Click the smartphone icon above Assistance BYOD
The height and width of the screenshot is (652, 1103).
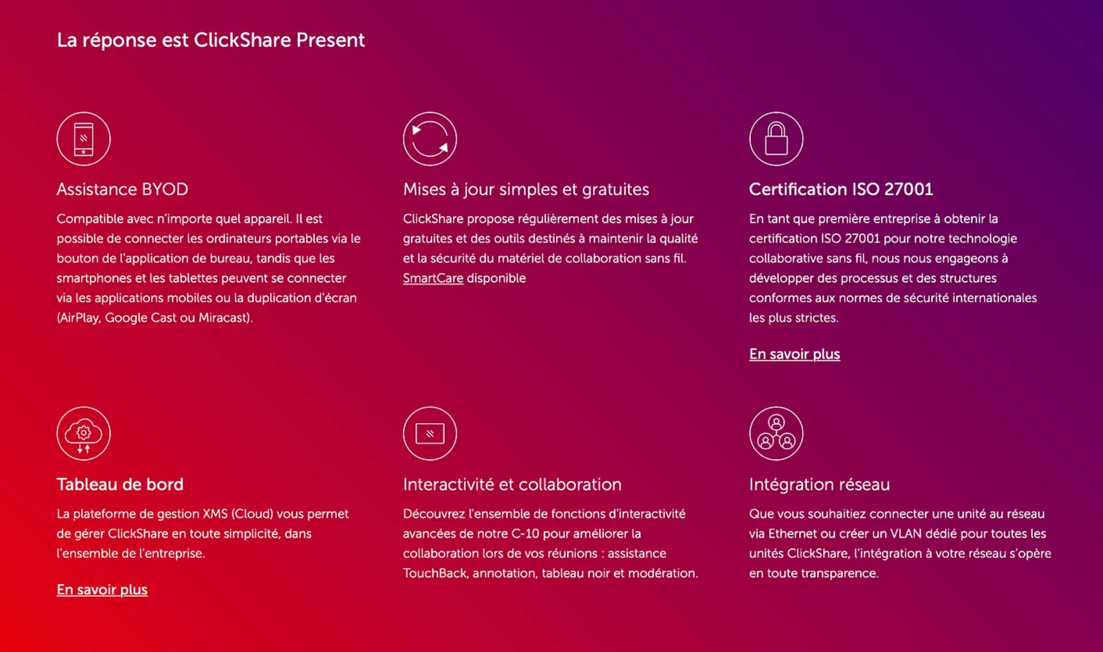click(x=83, y=139)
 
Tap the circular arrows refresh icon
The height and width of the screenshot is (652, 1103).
click(x=430, y=139)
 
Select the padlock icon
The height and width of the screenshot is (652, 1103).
click(x=776, y=139)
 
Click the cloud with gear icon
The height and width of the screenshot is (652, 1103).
click(x=83, y=434)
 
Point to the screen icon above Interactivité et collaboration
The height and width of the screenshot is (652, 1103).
click(x=430, y=434)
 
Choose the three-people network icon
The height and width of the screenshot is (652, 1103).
click(x=776, y=434)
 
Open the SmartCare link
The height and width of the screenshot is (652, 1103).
click(x=433, y=278)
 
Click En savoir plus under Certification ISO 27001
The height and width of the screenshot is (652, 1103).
click(x=795, y=354)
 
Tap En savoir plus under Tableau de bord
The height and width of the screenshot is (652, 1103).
click(x=102, y=590)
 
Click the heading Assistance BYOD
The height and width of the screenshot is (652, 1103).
click(x=122, y=189)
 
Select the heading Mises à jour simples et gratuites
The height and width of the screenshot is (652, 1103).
click(x=526, y=189)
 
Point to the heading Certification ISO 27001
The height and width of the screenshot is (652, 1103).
click(x=841, y=189)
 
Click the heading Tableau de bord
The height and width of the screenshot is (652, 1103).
click(x=120, y=484)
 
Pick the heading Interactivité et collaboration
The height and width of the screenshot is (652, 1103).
click(x=512, y=484)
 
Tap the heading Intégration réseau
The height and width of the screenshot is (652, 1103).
click(x=820, y=485)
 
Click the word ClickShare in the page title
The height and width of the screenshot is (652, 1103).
click(x=242, y=40)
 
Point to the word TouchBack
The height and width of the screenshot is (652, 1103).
click(x=435, y=573)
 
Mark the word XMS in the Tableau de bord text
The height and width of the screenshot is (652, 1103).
click(x=215, y=514)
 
